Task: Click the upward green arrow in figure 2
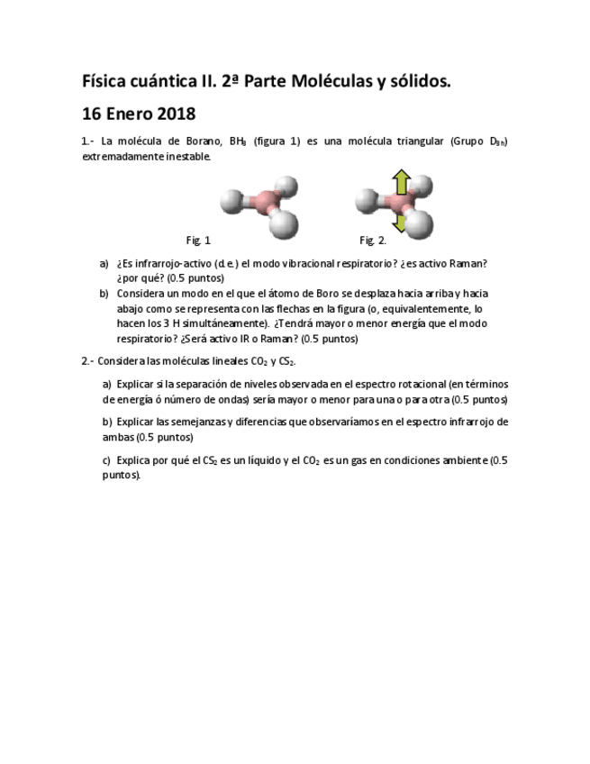click(x=402, y=183)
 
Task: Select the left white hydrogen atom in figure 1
click(x=231, y=199)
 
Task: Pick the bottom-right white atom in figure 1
click(x=283, y=223)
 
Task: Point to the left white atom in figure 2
click(x=367, y=199)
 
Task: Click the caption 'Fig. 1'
click(x=198, y=241)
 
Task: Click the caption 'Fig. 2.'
click(x=373, y=241)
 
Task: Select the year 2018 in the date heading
click(x=176, y=114)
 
